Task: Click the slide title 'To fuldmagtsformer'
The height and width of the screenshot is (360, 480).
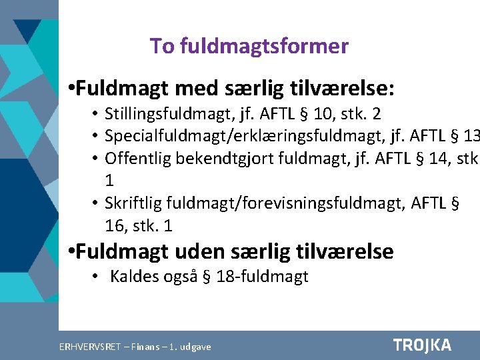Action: click(x=249, y=46)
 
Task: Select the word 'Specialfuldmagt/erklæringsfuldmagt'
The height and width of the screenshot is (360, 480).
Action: click(x=231, y=137)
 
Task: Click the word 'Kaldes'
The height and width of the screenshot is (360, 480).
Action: click(x=134, y=276)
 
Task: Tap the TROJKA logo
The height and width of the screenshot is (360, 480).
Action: click(x=422, y=345)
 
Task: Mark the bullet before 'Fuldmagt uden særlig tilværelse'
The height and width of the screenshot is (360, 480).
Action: click(x=73, y=252)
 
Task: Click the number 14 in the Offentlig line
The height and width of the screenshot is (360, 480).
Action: click(x=408, y=159)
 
